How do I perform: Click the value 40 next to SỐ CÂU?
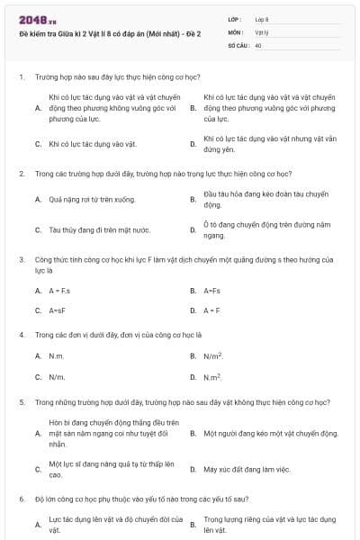click(x=258, y=43)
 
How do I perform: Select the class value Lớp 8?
click(x=262, y=18)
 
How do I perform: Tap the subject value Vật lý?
click(x=261, y=31)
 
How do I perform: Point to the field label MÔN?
click(x=236, y=31)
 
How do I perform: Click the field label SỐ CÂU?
click(x=238, y=43)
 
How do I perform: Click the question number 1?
click(x=21, y=77)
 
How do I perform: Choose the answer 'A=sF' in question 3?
click(x=58, y=310)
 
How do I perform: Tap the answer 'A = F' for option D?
click(x=212, y=310)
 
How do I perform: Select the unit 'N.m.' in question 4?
click(x=57, y=356)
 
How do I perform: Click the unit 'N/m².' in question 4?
click(x=213, y=356)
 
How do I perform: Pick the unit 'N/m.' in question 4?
click(x=57, y=377)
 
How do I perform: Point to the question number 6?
click(x=21, y=498)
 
